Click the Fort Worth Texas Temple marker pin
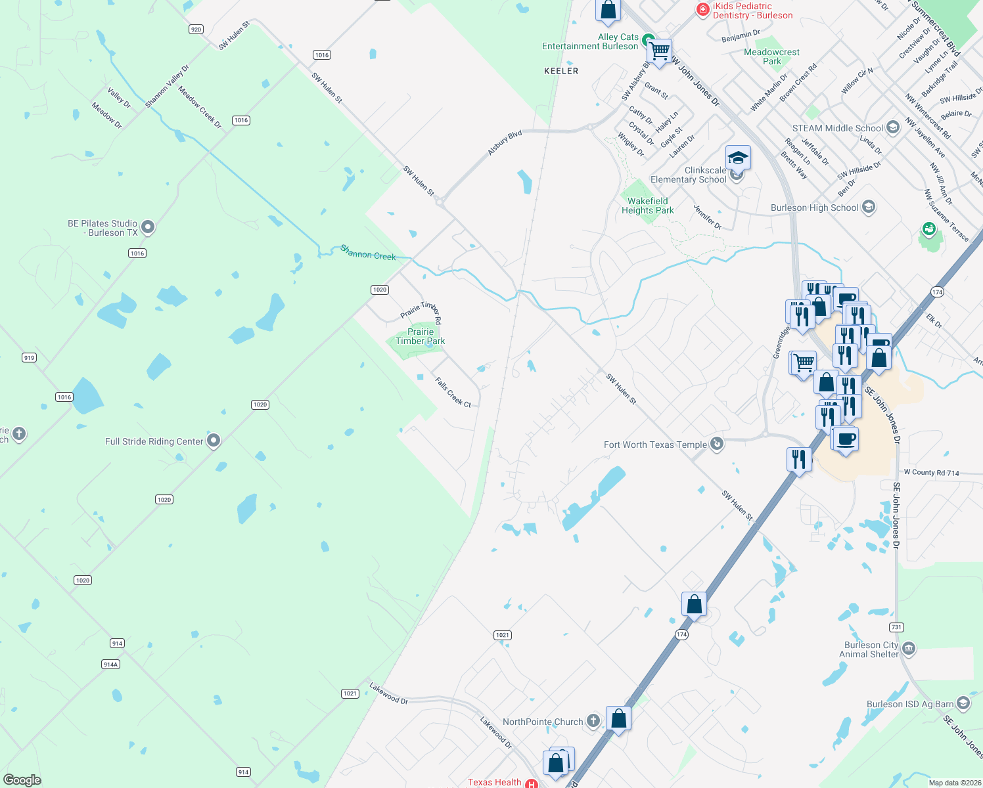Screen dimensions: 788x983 (717, 444)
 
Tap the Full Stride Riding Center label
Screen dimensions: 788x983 (154, 441)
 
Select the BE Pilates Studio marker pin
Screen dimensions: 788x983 (148, 227)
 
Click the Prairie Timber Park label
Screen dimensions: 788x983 (421, 336)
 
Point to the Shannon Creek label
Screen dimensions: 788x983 (368, 252)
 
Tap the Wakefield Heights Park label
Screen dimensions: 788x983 (648, 206)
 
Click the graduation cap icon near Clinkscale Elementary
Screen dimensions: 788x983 (738, 158)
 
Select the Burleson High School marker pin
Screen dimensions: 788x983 (868, 208)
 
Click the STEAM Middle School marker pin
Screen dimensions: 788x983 (892, 127)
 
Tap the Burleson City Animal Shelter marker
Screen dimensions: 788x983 (909, 649)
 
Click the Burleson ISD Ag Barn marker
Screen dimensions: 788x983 (963, 703)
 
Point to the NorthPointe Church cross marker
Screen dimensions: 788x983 (593, 721)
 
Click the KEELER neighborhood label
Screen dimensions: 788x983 (561, 71)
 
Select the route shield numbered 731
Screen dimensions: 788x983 (896, 627)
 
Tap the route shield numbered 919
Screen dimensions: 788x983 (29, 358)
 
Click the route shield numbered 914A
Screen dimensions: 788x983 (111, 665)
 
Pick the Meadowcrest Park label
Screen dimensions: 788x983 (772, 56)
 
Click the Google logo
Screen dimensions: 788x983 (22, 780)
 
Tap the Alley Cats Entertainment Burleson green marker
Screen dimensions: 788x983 (648, 39)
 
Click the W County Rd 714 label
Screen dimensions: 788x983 (931, 472)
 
